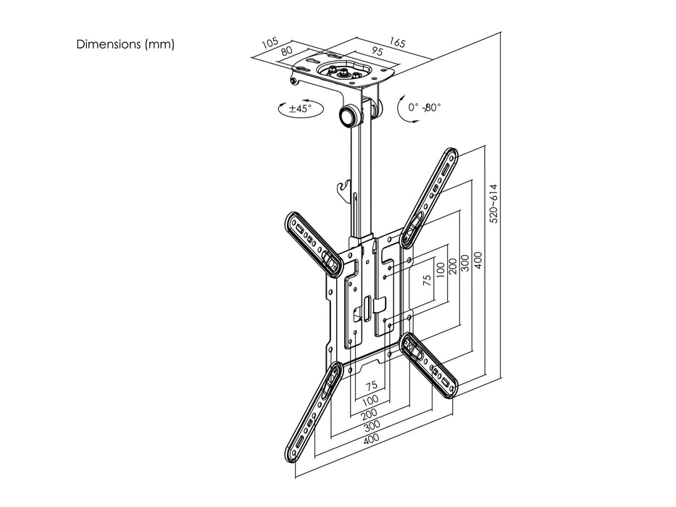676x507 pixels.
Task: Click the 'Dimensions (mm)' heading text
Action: coord(125,44)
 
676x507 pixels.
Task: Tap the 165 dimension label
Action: coord(397,42)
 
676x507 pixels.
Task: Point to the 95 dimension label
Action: coord(377,51)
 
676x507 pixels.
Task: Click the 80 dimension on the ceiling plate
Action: coord(287,51)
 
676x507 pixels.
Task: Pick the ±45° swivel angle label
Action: coord(300,108)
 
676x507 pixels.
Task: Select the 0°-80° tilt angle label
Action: coord(425,107)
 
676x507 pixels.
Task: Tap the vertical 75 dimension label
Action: coord(427,280)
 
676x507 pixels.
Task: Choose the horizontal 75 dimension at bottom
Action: coord(371,385)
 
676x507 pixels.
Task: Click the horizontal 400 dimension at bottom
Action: coord(371,439)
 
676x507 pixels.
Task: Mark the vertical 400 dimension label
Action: coord(478,261)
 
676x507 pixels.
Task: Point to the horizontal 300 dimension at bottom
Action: coord(372,426)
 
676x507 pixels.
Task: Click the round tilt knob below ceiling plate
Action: coord(348,116)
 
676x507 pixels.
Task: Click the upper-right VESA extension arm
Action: coord(429,198)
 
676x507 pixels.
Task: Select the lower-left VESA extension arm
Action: coord(314,412)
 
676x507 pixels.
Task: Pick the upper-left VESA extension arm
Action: coord(314,244)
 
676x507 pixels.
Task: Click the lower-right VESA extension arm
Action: coord(428,366)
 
